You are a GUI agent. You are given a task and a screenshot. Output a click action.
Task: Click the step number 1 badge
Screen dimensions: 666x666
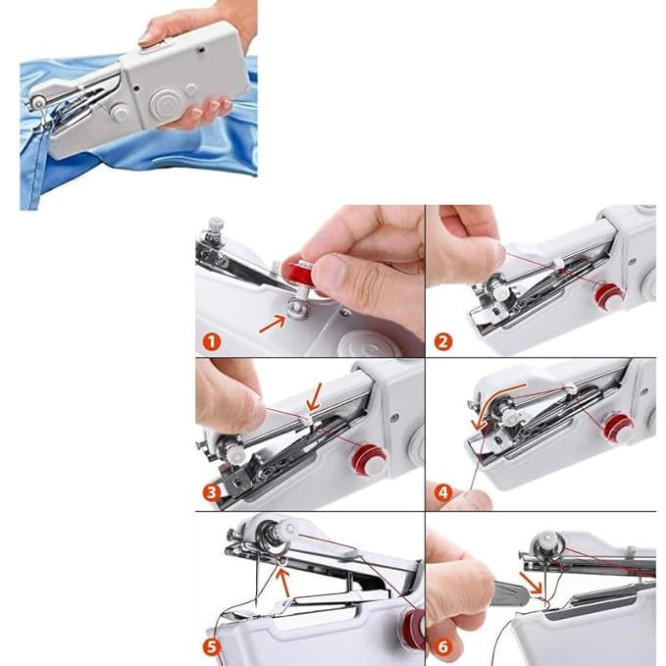coord(210,342)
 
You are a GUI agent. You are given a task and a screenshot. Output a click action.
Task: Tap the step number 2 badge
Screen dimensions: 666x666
coord(442,342)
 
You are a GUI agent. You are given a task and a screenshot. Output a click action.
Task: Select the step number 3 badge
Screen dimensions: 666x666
coord(210,492)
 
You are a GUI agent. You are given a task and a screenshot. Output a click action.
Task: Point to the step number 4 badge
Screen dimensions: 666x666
coord(442,492)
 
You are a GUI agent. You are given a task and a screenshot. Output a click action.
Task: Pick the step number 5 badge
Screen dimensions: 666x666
coord(211,646)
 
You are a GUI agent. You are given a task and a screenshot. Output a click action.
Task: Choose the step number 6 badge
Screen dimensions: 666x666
coord(442,646)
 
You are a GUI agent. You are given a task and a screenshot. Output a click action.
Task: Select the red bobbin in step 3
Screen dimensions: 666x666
coord(369,459)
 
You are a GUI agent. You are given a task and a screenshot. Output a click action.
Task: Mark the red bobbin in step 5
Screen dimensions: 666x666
coord(411,628)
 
